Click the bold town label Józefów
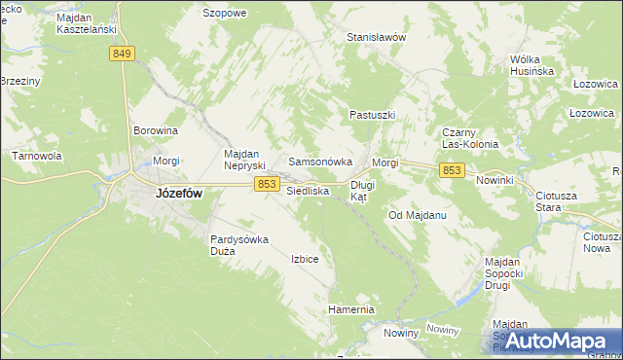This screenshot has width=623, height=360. (178, 194)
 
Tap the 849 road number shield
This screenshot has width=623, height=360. (122, 54)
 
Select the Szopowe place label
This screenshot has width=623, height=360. (225, 14)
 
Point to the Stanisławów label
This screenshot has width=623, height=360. (376, 37)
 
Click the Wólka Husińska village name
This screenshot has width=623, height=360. (531, 65)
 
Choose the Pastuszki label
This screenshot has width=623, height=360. (372, 115)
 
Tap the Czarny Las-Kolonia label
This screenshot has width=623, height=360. (470, 138)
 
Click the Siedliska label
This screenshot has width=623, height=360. (308, 192)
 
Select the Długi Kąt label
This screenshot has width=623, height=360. (362, 190)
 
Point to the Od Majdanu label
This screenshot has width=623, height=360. (417, 214)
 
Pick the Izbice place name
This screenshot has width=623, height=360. (305, 259)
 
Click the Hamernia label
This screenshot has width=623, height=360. (351, 309)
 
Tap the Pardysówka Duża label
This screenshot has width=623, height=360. (238, 244)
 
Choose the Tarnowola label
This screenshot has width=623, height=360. (37, 156)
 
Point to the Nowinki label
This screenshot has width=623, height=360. (495, 181)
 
